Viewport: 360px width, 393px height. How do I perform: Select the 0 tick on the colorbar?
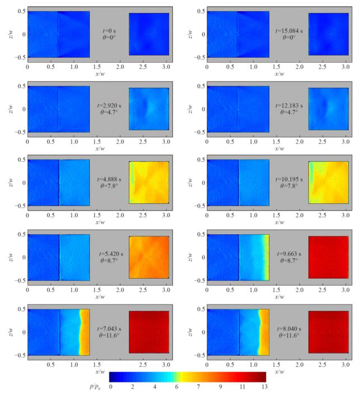112,386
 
